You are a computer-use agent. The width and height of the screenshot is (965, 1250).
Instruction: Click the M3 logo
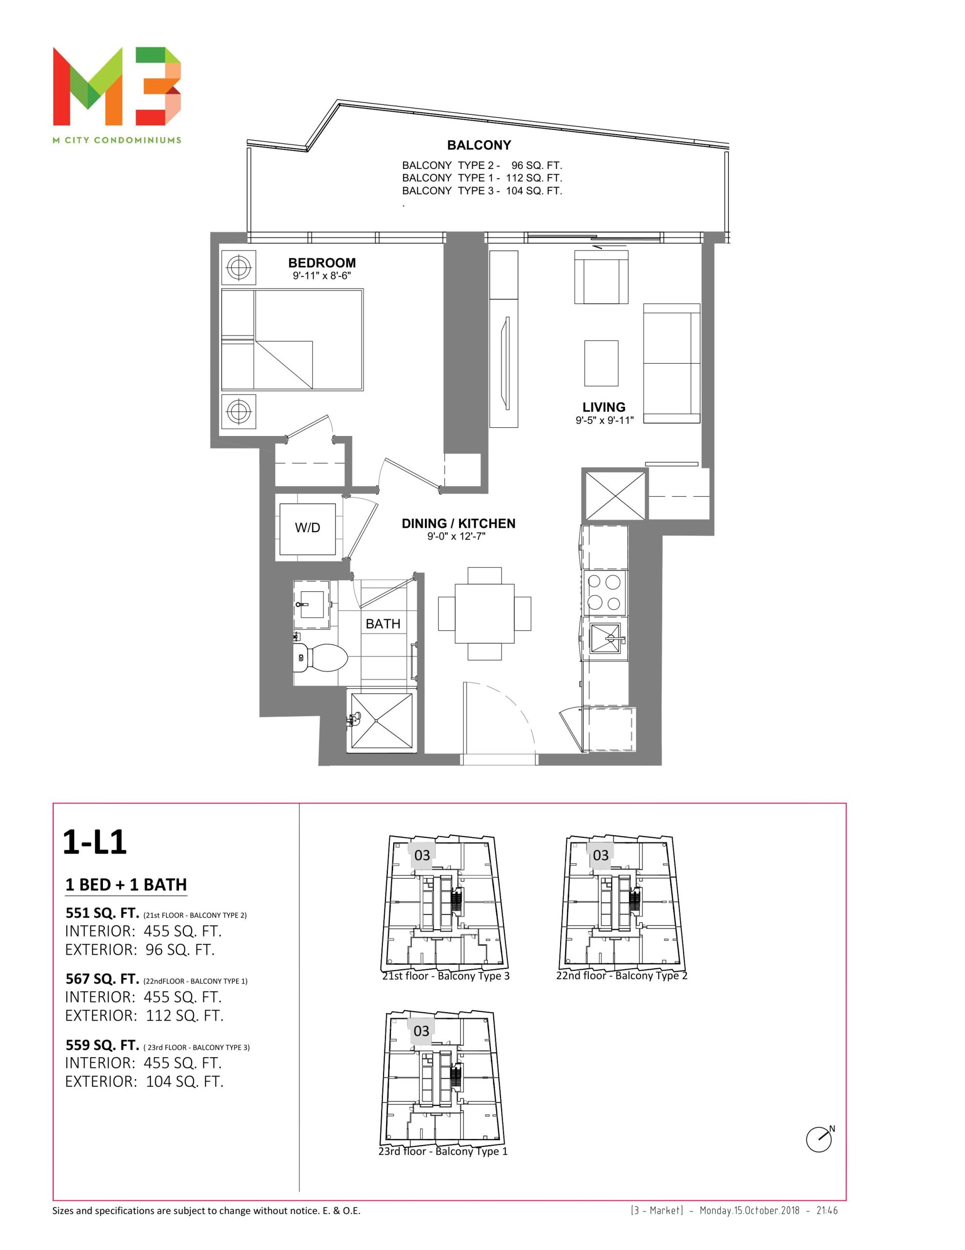(x=117, y=86)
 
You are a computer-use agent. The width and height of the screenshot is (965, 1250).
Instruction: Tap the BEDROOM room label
(x=322, y=263)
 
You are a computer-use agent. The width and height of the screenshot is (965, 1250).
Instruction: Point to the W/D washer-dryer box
(x=307, y=529)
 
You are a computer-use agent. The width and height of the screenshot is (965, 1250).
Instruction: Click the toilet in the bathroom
(x=321, y=658)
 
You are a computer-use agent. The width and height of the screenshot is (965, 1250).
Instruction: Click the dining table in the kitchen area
(x=484, y=614)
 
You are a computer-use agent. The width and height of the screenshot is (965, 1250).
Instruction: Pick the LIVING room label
(x=603, y=407)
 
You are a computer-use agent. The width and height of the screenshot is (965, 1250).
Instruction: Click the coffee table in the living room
(x=601, y=363)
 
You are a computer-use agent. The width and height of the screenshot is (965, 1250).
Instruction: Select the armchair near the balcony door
(x=601, y=277)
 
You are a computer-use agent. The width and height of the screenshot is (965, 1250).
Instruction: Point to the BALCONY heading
(x=479, y=146)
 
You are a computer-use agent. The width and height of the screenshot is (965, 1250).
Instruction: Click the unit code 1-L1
(x=94, y=842)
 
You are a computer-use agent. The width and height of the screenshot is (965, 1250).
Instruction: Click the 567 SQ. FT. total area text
(x=102, y=979)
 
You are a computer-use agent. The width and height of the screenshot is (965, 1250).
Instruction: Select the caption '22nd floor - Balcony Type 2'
(x=622, y=975)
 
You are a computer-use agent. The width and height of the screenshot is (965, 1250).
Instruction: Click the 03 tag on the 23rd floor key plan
(x=421, y=1031)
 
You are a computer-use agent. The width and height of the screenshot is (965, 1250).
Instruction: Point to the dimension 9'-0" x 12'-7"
(x=457, y=536)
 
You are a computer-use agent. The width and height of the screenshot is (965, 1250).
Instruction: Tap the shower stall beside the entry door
(x=381, y=721)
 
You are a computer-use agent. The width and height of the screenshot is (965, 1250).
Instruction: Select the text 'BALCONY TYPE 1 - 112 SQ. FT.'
(x=482, y=178)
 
